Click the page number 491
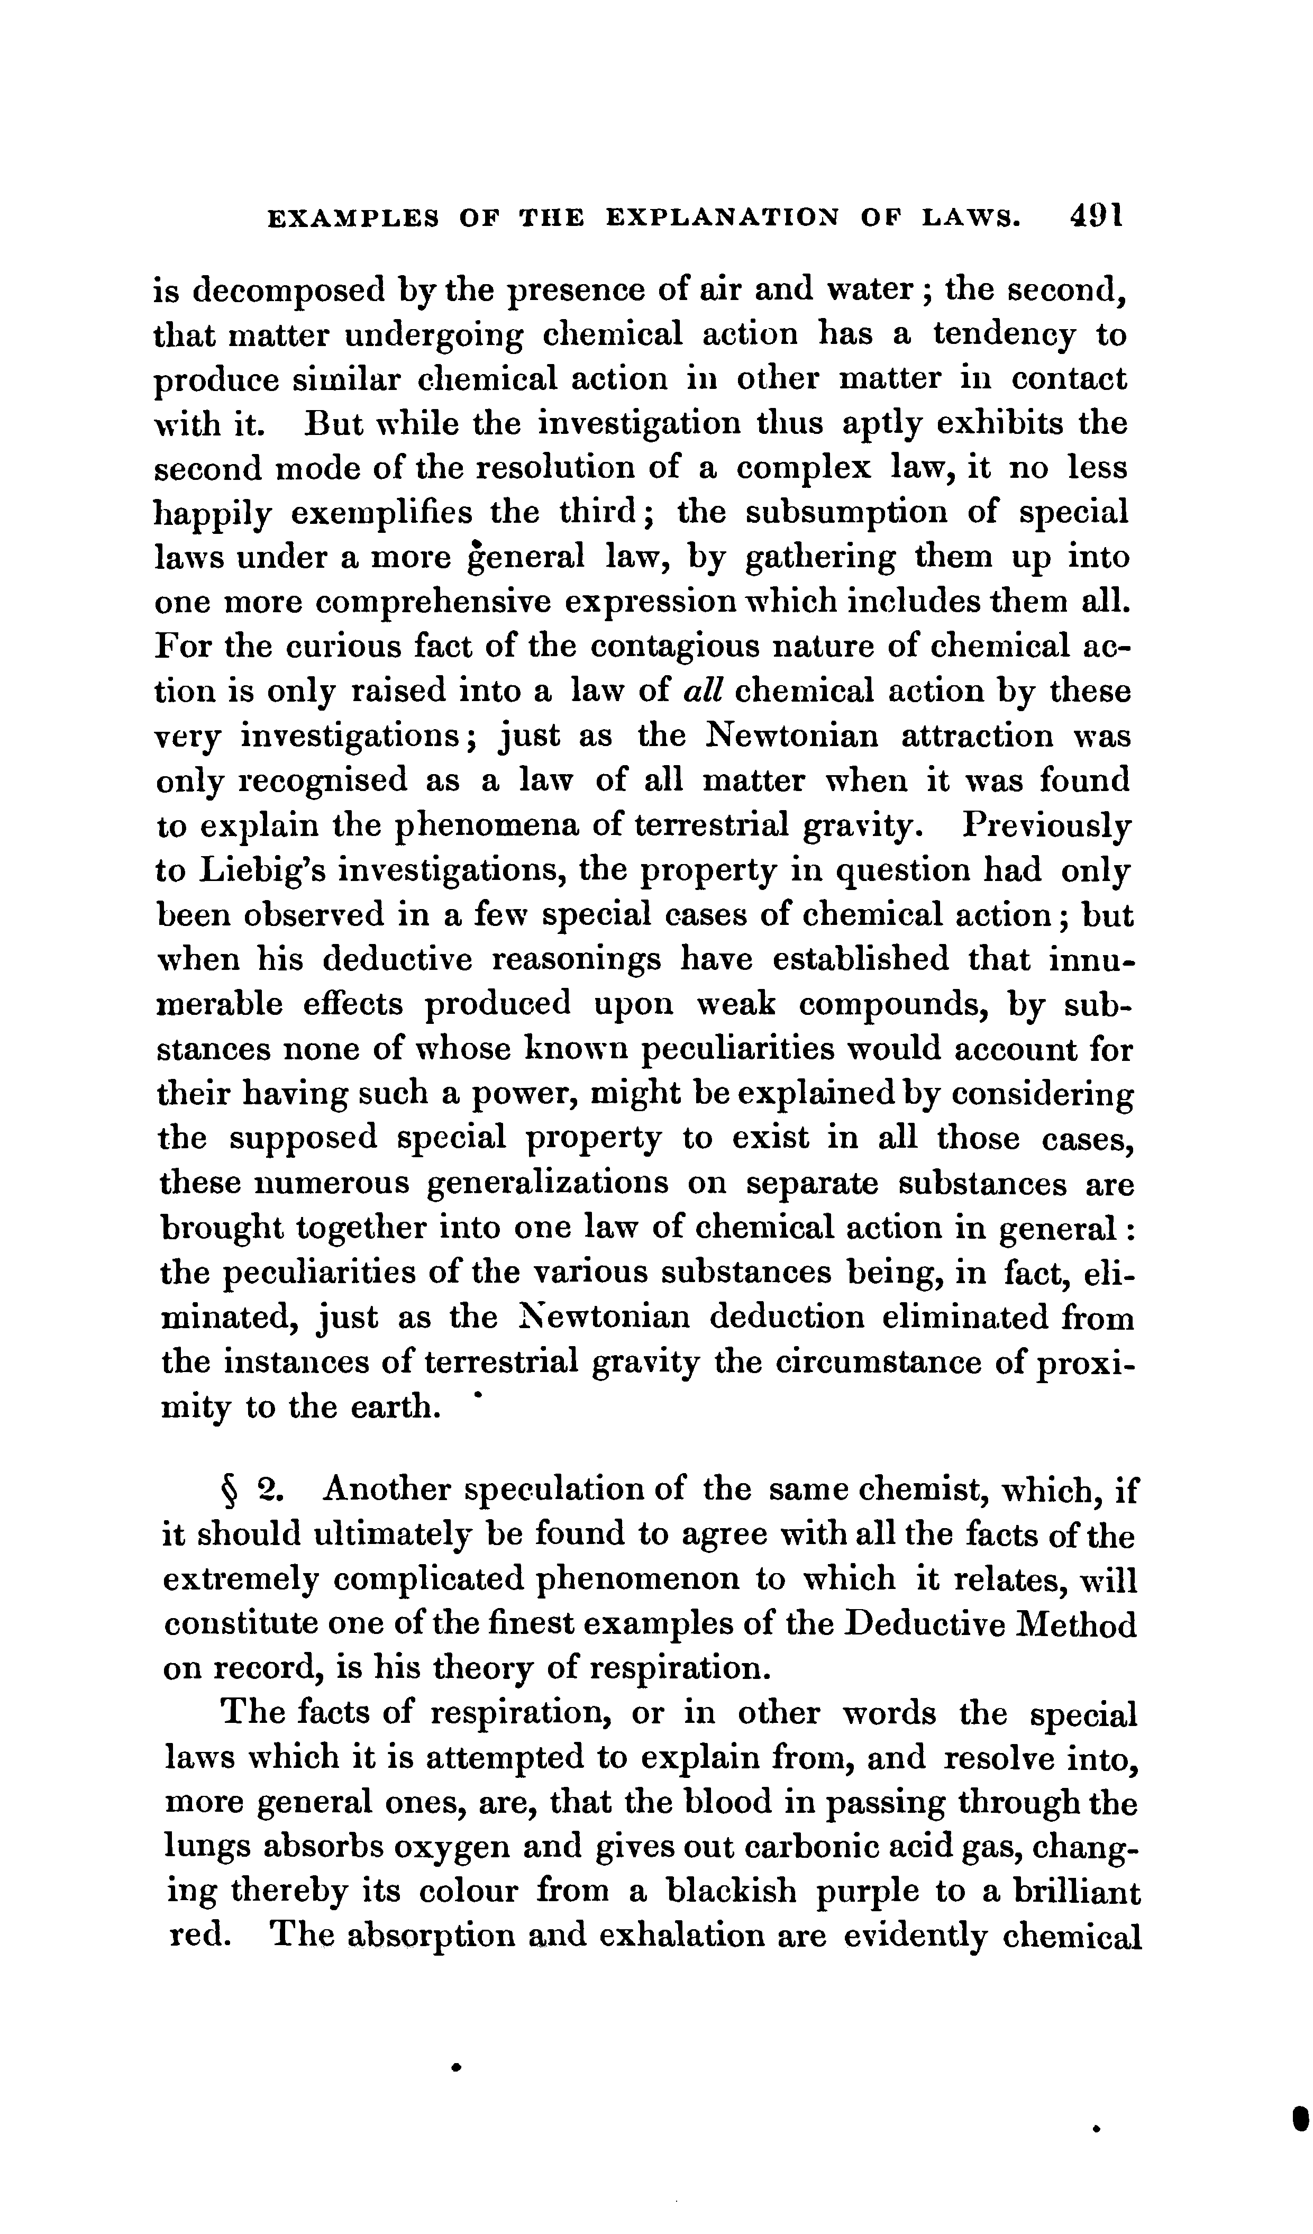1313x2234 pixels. pos(1097,216)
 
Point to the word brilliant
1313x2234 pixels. pos(1070,1893)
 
